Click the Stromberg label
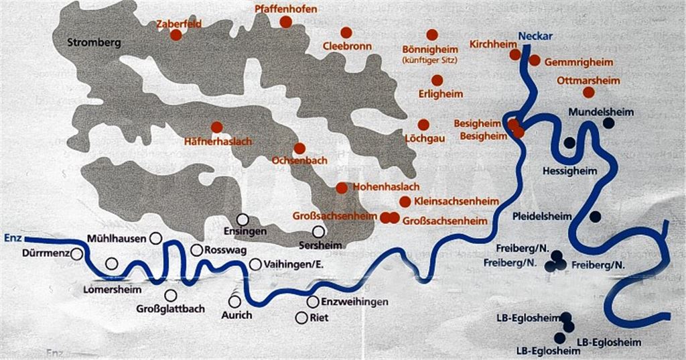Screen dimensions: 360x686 [x=94, y=43]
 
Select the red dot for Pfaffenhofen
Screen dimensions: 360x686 [x=286, y=22]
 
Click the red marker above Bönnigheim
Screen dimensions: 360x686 [x=432, y=35]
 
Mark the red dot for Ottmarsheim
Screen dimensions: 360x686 [x=589, y=93]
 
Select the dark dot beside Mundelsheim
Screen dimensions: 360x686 [x=608, y=123]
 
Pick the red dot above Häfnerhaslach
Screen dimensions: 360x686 [x=216, y=127]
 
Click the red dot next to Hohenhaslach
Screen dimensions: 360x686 [x=342, y=188]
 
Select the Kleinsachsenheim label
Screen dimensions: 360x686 [x=456, y=201]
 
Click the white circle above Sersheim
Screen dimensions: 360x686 [x=319, y=231]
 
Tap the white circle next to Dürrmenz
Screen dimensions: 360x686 [x=77, y=254]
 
